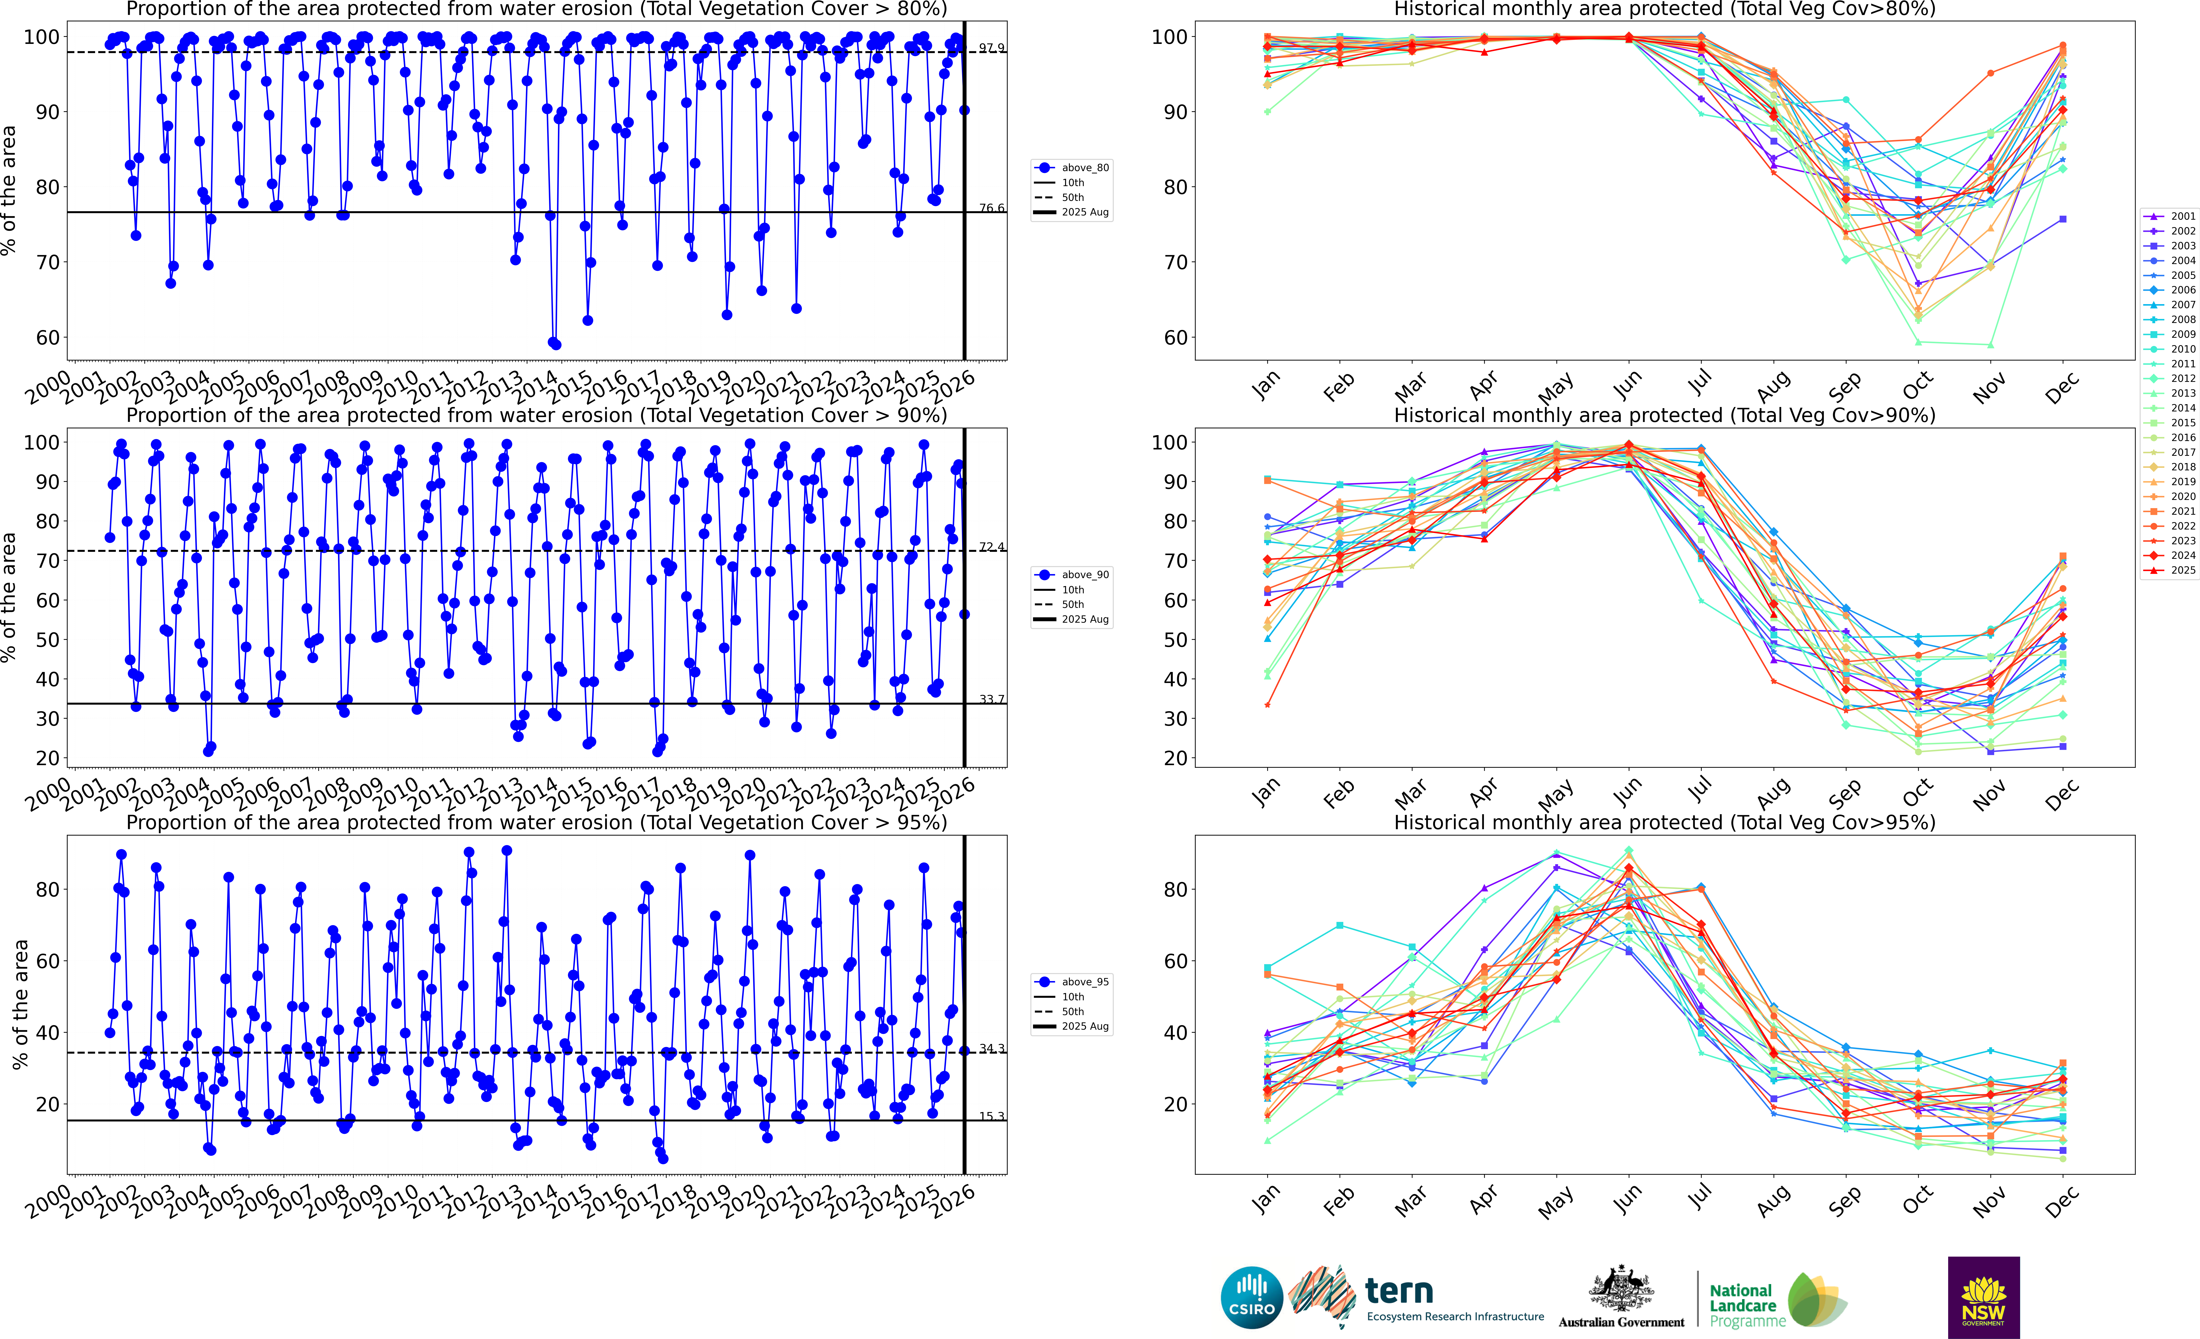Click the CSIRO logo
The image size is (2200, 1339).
[1252, 1297]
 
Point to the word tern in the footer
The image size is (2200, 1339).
[1399, 1291]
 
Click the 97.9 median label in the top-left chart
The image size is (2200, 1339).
[991, 47]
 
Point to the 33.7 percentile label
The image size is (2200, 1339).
[991, 699]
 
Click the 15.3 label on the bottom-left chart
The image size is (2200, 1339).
[991, 1116]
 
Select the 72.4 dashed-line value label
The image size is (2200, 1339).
[991, 546]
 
